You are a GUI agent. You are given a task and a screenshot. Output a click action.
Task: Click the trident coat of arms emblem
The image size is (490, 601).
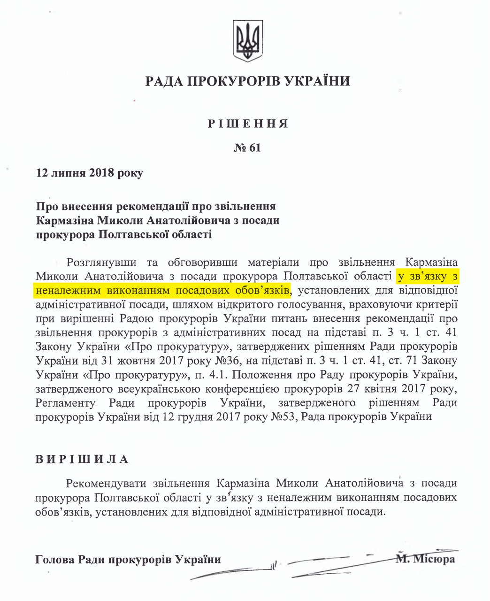[x=248, y=41]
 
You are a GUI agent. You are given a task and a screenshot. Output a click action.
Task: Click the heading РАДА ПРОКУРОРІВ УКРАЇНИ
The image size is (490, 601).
[x=247, y=82]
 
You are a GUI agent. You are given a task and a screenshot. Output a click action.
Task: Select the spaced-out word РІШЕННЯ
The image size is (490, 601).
[x=247, y=124]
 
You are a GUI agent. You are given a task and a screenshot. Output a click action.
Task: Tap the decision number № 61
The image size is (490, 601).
[x=247, y=148]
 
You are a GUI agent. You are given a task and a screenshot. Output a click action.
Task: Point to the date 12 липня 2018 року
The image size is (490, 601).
[x=90, y=173]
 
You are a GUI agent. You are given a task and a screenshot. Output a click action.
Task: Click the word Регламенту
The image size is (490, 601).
[x=65, y=403]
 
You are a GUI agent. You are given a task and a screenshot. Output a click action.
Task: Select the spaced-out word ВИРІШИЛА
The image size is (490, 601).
[x=82, y=460]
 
